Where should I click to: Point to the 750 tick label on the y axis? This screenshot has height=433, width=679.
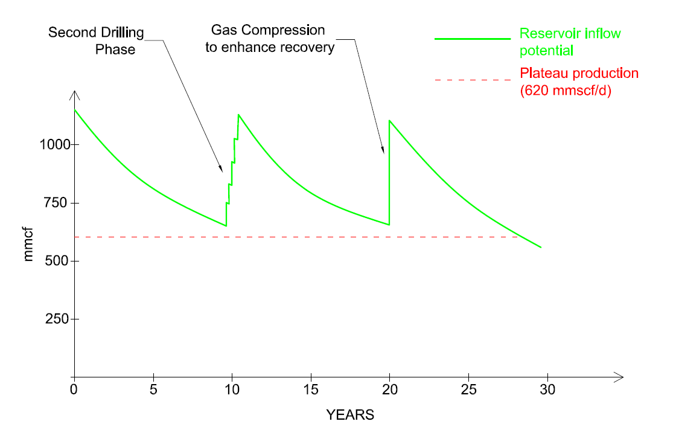point(57,203)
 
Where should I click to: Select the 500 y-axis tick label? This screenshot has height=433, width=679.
point(57,261)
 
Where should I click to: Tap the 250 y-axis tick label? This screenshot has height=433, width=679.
point(57,319)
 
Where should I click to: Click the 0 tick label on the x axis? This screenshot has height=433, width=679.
point(74,390)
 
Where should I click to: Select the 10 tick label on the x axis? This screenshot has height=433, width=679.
point(232,390)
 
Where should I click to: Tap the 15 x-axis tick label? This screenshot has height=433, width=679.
point(310,390)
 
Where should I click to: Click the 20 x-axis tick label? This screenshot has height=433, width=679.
point(389,390)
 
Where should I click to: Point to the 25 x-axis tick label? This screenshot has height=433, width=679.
point(468,390)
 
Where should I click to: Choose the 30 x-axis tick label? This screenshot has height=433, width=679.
point(547,390)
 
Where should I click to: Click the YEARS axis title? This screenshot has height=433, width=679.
point(350,415)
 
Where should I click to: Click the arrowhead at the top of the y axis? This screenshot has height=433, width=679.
point(74,94)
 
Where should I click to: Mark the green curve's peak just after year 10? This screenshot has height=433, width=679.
point(238,114)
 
